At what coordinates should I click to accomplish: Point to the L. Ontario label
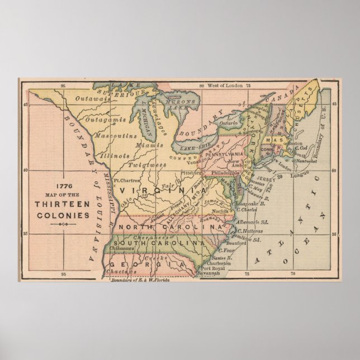(x=222, y=123)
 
